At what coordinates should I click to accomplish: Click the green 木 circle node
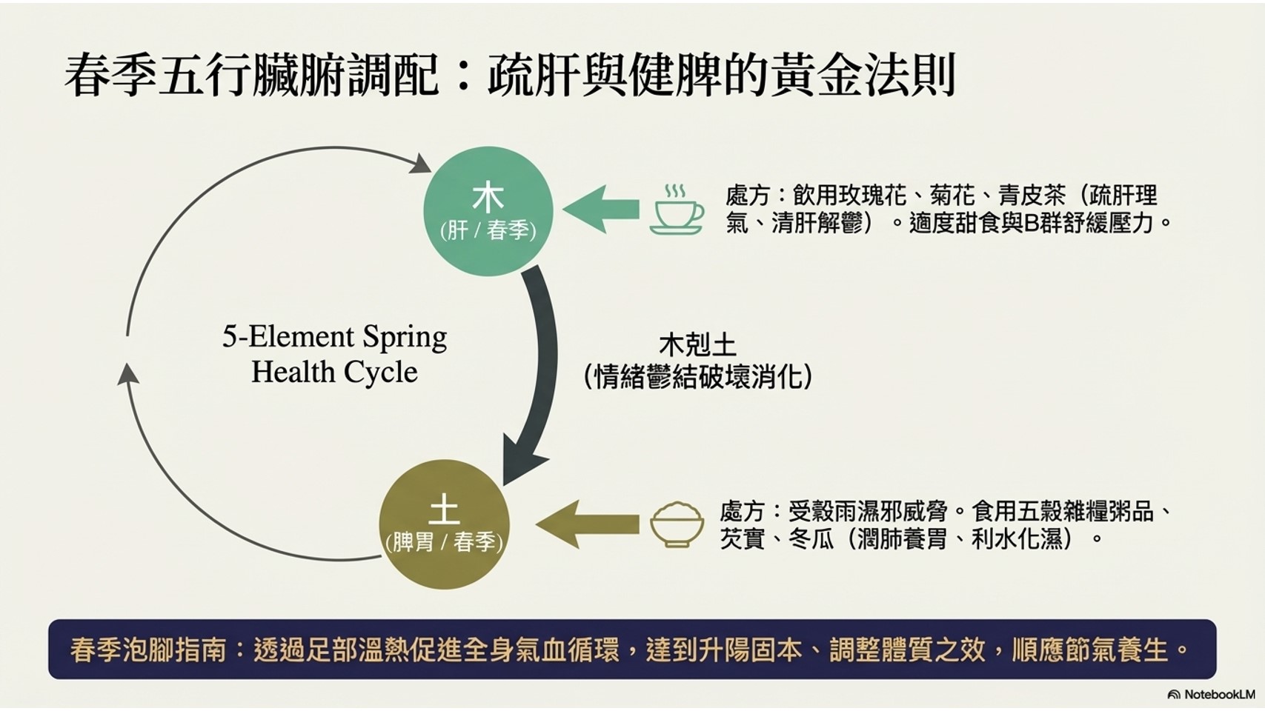(x=488, y=211)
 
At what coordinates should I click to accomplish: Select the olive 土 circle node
(x=444, y=524)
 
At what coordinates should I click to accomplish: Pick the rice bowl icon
(x=676, y=524)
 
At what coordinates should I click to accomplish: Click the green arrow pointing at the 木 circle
(x=601, y=210)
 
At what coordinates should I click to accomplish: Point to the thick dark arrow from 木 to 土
(x=539, y=370)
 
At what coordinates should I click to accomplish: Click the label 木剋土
(x=697, y=346)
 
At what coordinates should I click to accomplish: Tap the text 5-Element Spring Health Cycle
(x=334, y=354)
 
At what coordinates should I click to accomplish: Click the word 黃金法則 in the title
(x=863, y=75)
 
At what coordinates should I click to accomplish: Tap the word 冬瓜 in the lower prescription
(x=811, y=538)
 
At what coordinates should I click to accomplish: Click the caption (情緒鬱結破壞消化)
(x=697, y=377)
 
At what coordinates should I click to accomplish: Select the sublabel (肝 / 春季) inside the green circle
(x=488, y=230)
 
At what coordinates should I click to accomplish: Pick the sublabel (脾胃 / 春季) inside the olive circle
(x=444, y=543)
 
